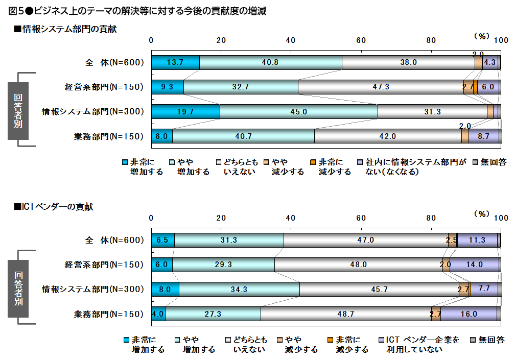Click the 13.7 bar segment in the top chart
(175, 62)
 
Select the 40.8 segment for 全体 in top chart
(270, 62)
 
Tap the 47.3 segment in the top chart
(381, 87)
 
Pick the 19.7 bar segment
(185, 111)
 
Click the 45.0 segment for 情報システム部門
(298, 111)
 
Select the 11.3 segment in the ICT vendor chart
(477, 240)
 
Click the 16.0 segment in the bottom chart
(469, 314)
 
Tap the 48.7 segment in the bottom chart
(346, 314)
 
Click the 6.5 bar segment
(162, 240)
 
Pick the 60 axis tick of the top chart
(361, 40)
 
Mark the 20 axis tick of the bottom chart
(221, 218)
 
